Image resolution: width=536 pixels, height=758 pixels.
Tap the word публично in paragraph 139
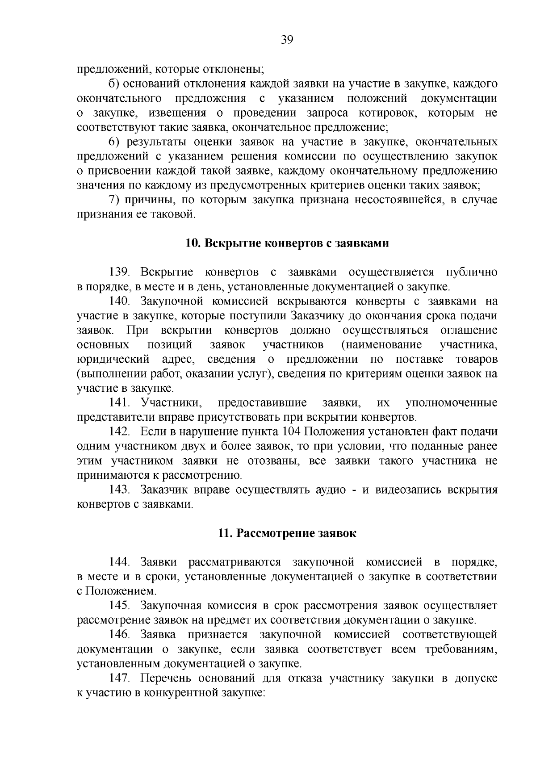[472, 272]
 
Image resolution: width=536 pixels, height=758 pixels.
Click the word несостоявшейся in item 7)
[399, 200]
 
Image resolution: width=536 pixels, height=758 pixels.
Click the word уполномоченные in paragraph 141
[452, 403]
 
